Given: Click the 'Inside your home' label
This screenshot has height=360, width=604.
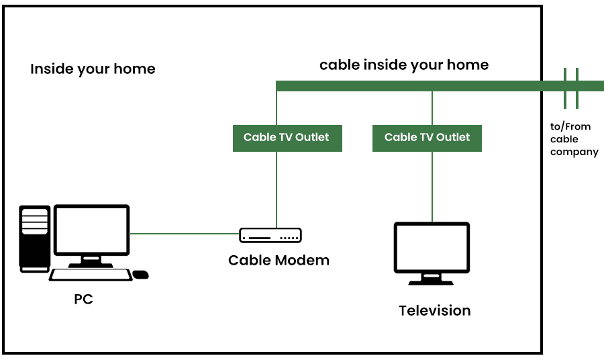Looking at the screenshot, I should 93,69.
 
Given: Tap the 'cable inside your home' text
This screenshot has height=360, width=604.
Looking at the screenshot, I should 403,65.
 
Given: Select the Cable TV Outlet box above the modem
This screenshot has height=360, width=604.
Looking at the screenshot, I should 287,138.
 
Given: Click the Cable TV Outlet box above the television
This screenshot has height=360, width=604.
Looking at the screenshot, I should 427,138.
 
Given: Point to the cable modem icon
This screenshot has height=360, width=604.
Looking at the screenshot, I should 270,236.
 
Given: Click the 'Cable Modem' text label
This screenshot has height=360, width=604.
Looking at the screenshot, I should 279,260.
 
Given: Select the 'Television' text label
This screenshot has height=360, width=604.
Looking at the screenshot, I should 434,310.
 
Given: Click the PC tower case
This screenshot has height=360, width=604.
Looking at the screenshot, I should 35,238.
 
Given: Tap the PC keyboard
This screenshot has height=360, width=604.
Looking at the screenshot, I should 91,274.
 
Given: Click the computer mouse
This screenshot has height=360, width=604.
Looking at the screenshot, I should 140,274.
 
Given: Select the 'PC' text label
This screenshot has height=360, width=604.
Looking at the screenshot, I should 83,300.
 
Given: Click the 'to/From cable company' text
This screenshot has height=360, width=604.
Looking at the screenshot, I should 574,140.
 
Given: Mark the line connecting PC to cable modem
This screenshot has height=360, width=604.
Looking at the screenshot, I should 185,234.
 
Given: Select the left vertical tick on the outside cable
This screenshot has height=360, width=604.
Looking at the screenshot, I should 565,87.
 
